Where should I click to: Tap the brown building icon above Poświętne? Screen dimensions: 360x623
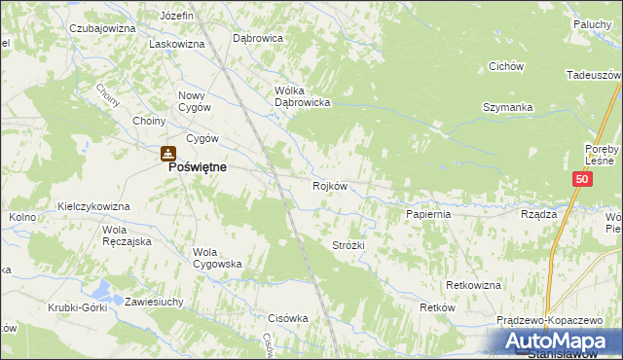pos(167,153)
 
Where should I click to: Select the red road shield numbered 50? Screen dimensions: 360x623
pos(581,180)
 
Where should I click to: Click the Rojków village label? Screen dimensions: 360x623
pos(330,186)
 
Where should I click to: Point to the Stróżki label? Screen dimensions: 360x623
pos(348,245)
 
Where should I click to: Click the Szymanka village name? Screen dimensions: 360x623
pos(505,107)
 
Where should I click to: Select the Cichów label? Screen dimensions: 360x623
pos(506,66)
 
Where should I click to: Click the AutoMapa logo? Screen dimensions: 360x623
pos(560,342)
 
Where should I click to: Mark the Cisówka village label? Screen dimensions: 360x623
pos(287,317)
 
